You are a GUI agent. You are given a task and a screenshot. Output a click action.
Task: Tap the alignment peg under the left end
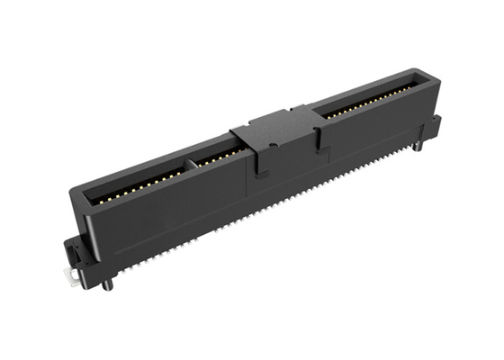pos(109,284)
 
